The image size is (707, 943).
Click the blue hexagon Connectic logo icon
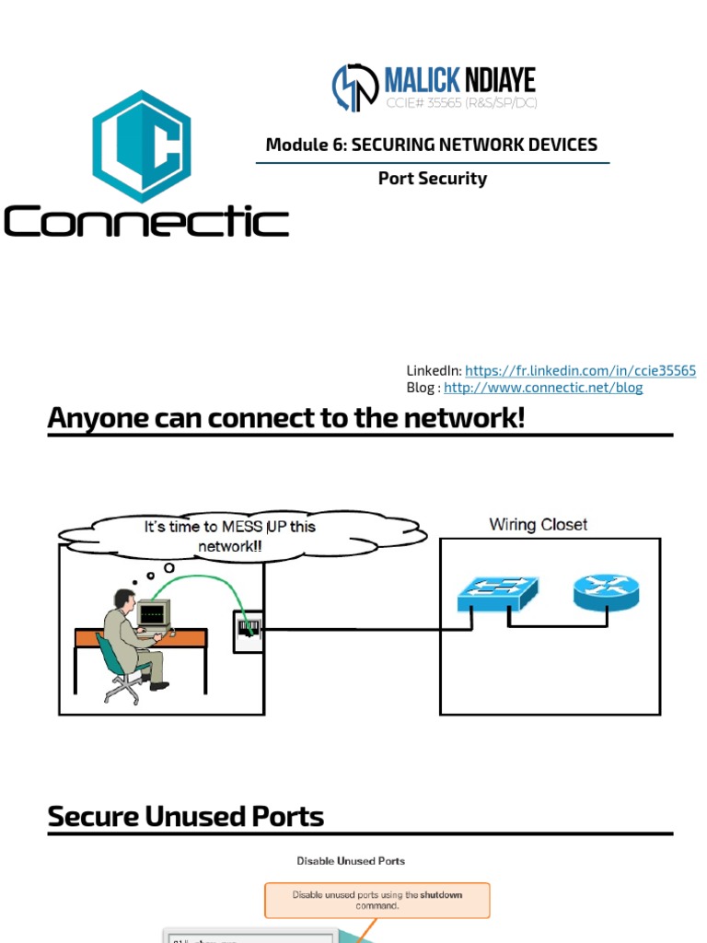tap(141, 146)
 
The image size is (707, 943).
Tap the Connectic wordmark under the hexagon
tap(146, 222)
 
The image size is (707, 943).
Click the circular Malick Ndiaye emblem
tap(355, 87)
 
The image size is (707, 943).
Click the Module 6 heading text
tap(432, 145)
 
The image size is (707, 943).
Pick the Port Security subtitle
tap(432, 179)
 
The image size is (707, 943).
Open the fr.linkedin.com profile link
tap(580, 370)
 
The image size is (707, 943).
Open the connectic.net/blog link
tap(543, 388)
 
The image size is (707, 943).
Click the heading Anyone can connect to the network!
tap(286, 418)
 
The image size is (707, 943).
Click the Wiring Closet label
tap(539, 525)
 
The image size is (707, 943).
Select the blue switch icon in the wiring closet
tap(498, 594)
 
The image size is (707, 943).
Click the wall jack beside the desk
tap(248, 631)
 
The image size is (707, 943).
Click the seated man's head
tap(122, 599)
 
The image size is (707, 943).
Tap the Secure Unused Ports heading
tap(186, 817)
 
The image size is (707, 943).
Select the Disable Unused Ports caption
tap(351, 861)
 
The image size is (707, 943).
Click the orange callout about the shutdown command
tap(377, 900)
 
